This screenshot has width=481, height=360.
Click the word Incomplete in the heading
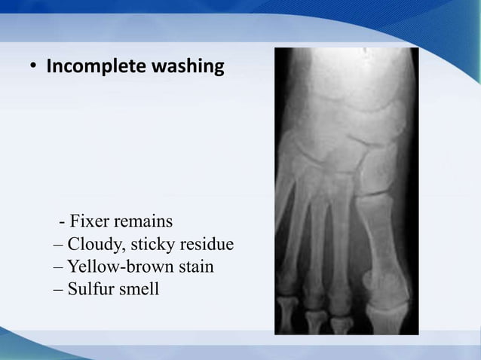click(97, 68)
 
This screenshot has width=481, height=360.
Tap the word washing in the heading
click(188, 68)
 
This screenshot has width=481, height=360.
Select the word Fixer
click(90, 222)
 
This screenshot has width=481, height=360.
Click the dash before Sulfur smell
click(60, 289)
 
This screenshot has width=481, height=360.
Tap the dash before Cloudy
click(60, 246)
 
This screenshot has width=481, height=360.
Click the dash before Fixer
click(62, 224)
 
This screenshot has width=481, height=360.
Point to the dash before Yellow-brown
click(60, 267)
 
